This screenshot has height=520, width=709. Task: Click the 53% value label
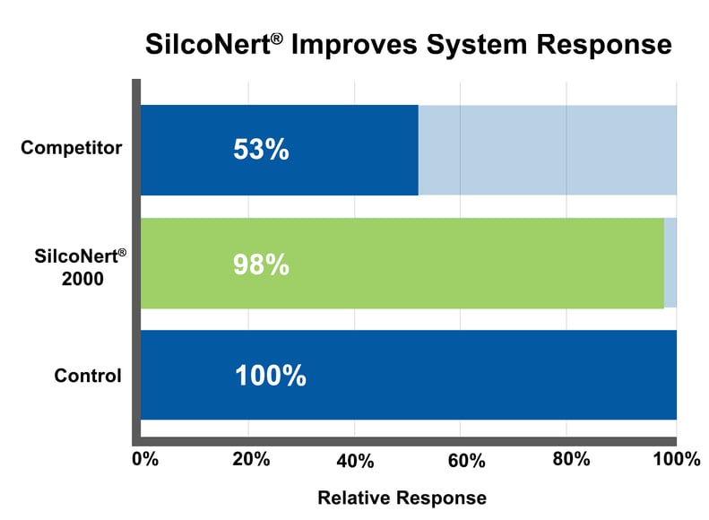pyautogui.click(x=261, y=150)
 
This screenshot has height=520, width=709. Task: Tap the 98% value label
pyautogui.click(x=261, y=264)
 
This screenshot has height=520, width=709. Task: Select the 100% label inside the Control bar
pyautogui.click(x=270, y=376)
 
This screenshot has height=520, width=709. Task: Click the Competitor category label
pyautogui.click(x=72, y=148)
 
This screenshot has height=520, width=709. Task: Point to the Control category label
pyautogui.click(x=88, y=376)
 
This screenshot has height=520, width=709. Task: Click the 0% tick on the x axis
pyautogui.click(x=145, y=460)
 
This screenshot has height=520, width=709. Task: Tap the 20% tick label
pyautogui.click(x=251, y=460)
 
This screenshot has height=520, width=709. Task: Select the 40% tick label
pyautogui.click(x=356, y=461)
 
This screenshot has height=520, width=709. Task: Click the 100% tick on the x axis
pyautogui.click(x=676, y=460)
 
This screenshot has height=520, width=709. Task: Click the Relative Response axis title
pyautogui.click(x=402, y=498)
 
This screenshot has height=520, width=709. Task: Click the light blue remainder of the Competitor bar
pyautogui.click(x=547, y=150)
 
